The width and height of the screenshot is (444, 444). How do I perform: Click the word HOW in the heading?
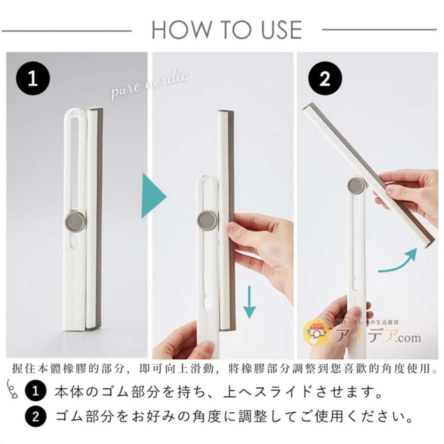(x=177, y=30)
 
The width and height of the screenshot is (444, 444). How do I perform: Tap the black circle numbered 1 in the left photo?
(x=33, y=78)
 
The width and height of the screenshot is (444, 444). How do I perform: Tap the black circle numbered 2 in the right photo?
(x=325, y=78)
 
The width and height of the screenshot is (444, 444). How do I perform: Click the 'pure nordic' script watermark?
(x=150, y=86)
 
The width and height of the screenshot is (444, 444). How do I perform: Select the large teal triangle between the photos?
(x=153, y=196)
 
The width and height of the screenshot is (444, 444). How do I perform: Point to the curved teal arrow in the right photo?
(x=398, y=262)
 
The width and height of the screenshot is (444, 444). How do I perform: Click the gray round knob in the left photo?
(x=76, y=221)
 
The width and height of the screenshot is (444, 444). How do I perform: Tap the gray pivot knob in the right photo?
(x=356, y=186)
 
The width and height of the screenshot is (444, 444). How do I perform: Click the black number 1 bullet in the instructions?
(x=35, y=392)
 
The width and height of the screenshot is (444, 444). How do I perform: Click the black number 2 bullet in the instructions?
(x=35, y=417)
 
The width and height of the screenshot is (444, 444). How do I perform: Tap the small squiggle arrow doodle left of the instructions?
(x=12, y=389)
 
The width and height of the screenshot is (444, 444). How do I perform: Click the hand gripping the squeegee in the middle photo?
(x=263, y=247)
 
